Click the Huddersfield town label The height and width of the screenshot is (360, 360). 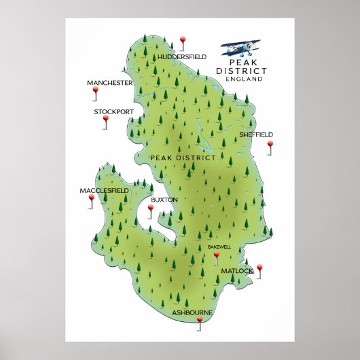181,57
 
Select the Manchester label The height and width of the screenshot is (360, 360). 109,83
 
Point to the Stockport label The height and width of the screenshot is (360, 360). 113,111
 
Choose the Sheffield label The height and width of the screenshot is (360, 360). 256,134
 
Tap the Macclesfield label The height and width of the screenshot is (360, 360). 104,190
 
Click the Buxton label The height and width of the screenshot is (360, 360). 164,200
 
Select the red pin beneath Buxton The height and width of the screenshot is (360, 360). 151,210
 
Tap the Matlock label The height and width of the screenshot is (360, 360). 236,271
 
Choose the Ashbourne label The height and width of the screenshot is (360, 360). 192,312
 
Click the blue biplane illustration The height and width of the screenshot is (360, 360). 241,48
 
